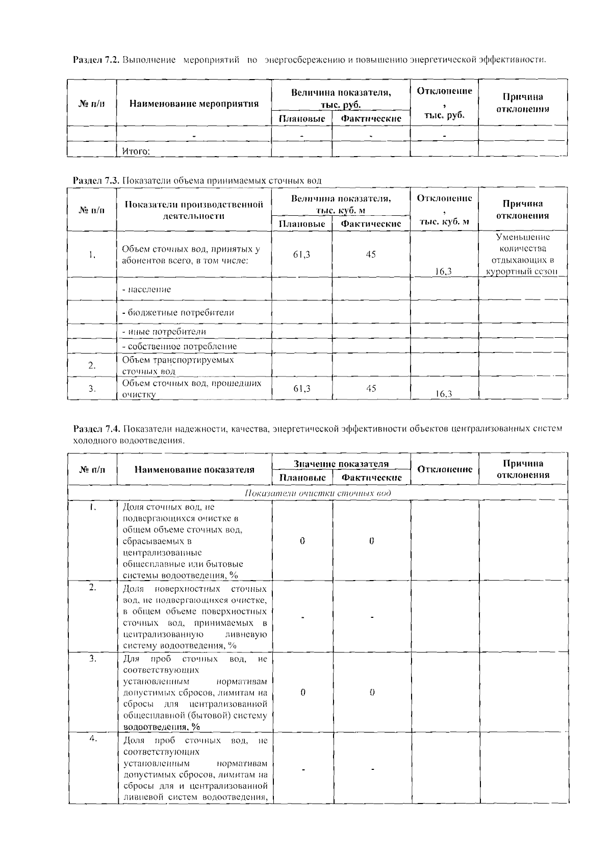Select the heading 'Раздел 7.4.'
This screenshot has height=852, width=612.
coord(96,429)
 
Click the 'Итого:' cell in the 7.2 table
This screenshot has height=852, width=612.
coord(136,152)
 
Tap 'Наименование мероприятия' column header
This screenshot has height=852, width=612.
coord(194,104)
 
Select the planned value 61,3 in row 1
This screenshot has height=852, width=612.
coord(301,254)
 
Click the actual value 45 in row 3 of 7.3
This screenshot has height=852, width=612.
coord(371,388)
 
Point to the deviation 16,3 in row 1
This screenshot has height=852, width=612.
coord(444,271)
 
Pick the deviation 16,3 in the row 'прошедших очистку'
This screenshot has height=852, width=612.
coord(444,393)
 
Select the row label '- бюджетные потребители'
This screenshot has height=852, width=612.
coord(178,312)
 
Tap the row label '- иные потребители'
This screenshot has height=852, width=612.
coord(164,331)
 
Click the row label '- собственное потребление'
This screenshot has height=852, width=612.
coord(180,346)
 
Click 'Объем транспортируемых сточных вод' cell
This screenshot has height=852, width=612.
coord(177,365)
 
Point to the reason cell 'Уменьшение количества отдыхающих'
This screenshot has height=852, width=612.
coord(522,254)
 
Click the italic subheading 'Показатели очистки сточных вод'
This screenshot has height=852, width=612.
coord(318,493)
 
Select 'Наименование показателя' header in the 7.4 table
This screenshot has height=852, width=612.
coord(194,469)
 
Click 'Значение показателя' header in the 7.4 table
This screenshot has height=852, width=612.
coord(341,463)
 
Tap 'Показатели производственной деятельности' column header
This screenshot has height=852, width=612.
coord(194,210)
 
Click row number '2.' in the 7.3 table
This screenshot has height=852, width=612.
coord(92,365)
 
